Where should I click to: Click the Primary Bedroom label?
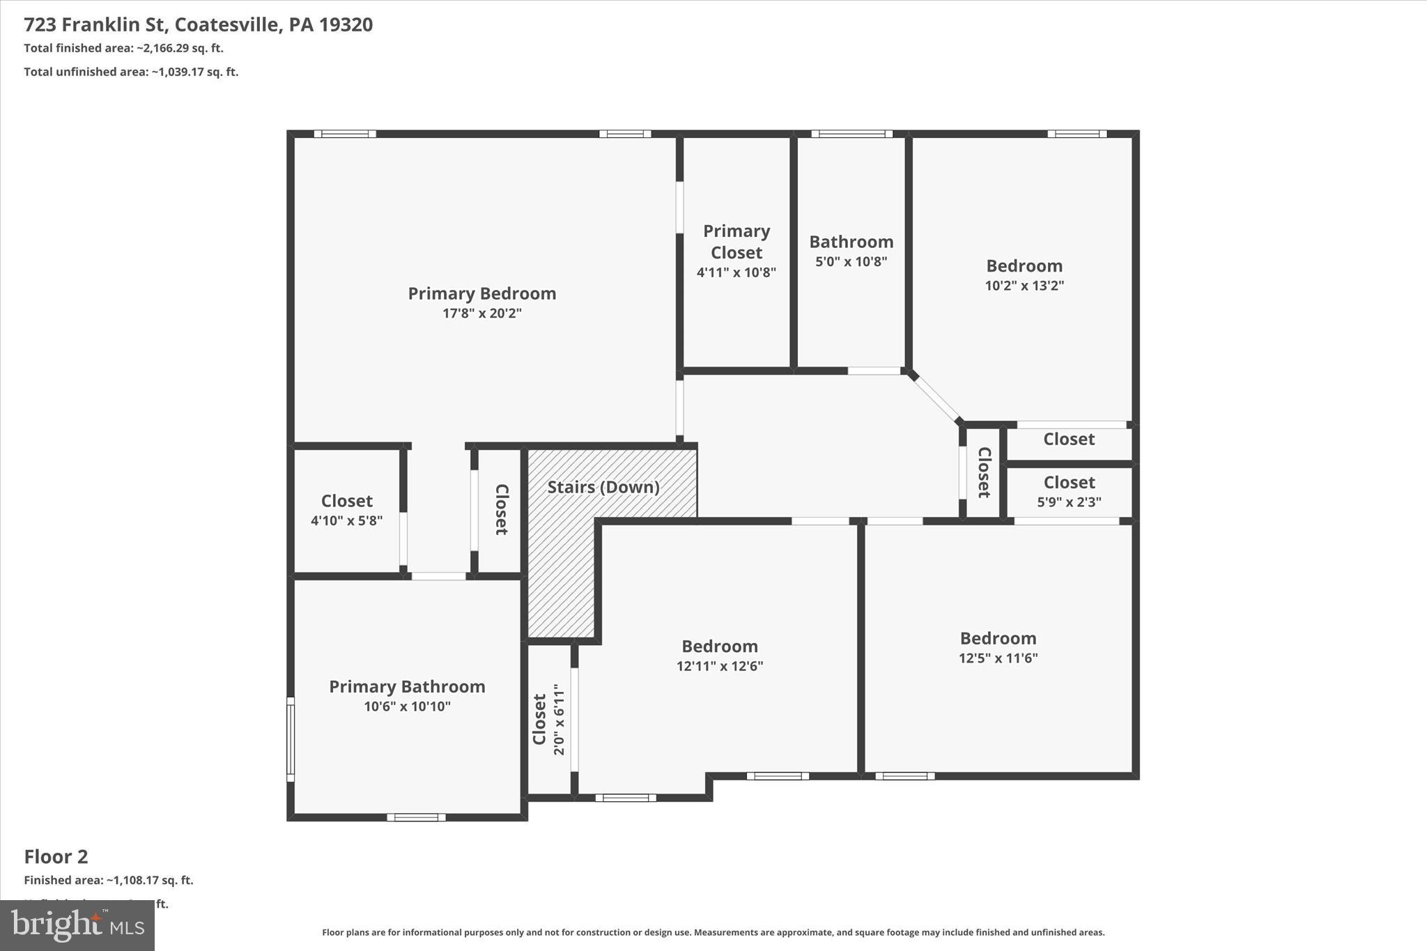[481, 293]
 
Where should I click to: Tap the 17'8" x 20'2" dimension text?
[481, 314]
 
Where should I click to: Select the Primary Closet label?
[736, 241]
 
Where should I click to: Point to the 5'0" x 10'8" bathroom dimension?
[851, 262]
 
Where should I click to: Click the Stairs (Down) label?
[603, 487]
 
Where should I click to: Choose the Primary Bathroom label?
[407, 686]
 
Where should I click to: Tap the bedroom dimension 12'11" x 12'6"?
[719, 666]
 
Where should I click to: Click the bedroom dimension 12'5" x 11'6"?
[998, 658]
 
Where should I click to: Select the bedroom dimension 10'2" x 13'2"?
[1024, 286]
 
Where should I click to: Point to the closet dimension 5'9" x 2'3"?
[1069, 502]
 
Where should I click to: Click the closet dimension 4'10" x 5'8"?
[346, 520]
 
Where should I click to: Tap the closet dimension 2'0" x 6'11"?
[558, 719]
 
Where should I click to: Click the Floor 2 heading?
[56, 856]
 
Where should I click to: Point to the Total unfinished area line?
[131, 72]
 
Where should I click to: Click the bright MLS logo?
[77, 925]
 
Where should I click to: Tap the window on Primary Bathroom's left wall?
[291, 739]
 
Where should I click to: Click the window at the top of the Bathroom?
[851, 134]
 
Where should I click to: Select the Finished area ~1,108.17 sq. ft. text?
[108, 880]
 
